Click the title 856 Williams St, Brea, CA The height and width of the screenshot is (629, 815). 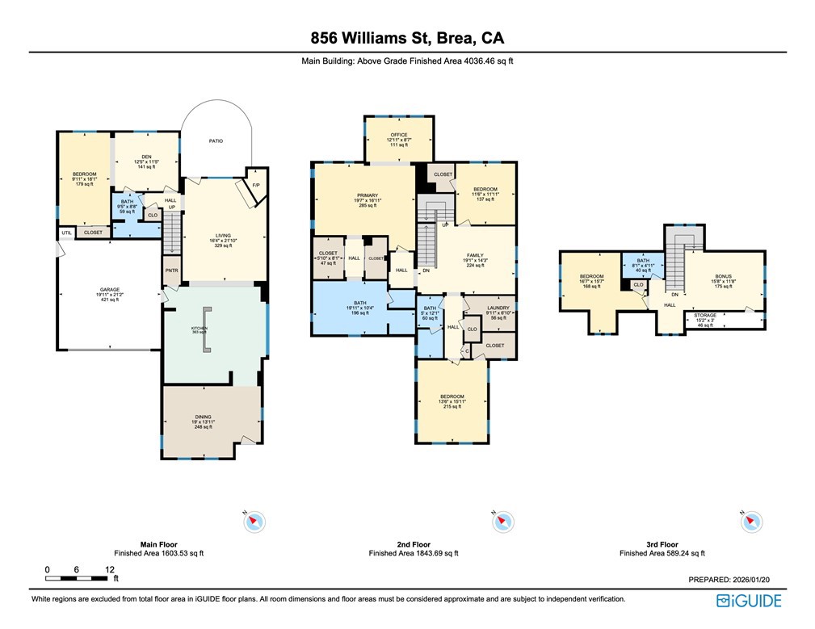(x=407, y=38)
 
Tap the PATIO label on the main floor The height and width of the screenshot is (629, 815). (x=216, y=140)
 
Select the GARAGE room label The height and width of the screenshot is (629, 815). (x=110, y=289)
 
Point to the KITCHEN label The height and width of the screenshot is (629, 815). (x=199, y=329)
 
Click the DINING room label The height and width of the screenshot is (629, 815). (x=203, y=417)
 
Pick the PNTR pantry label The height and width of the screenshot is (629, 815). (x=171, y=271)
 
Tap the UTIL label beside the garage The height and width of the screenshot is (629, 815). (x=66, y=233)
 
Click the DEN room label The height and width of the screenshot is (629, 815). (x=146, y=157)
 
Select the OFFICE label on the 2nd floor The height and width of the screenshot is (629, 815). (x=399, y=135)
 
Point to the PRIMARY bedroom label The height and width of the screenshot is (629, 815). (x=368, y=195)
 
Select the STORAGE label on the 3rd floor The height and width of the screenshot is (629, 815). (x=705, y=315)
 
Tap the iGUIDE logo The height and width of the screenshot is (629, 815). (x=749, y=601)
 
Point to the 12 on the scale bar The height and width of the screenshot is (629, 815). (x=109, y=569)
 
